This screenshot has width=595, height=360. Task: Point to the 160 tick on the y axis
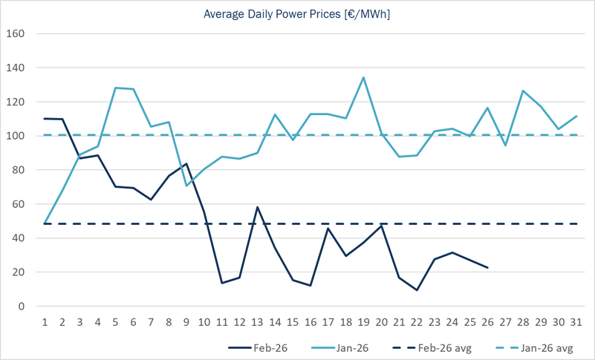(16, 34)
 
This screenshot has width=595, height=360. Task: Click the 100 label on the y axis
(16, 136)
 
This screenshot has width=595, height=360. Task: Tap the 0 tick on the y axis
(22, 306)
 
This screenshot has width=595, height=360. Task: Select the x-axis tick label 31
(576, 322)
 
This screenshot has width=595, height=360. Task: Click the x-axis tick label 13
(257, 322)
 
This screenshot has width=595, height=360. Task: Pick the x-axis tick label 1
(45, 322)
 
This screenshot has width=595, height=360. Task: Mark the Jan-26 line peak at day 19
(363, 77)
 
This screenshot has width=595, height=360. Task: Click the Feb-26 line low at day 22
(417, 290)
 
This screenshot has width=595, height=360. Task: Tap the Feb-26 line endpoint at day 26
(487, 267)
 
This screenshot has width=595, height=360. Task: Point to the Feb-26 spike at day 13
(257, 207)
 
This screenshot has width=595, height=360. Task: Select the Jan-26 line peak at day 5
(116, 88)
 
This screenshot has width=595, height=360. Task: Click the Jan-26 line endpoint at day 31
(576, 116)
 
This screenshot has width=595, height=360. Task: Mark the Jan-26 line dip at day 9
(186, 186)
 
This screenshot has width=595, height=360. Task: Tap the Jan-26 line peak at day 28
(523, 91)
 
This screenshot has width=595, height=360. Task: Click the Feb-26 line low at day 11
(222, 283)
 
